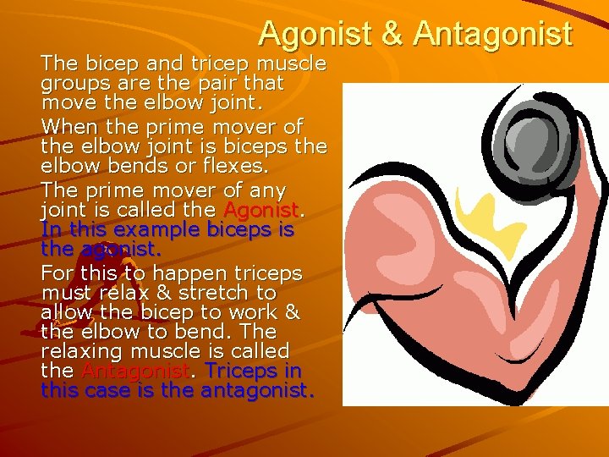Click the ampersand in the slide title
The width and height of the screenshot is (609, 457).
pyautogui.click(x=391, y=34)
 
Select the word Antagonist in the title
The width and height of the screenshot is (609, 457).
pyautogui.click(x=492, y=34)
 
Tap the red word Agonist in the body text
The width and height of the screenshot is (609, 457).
pyautogui.click(x=261, y=210)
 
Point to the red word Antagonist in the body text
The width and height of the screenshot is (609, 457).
pyautogui.click(x=133, y=372)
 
